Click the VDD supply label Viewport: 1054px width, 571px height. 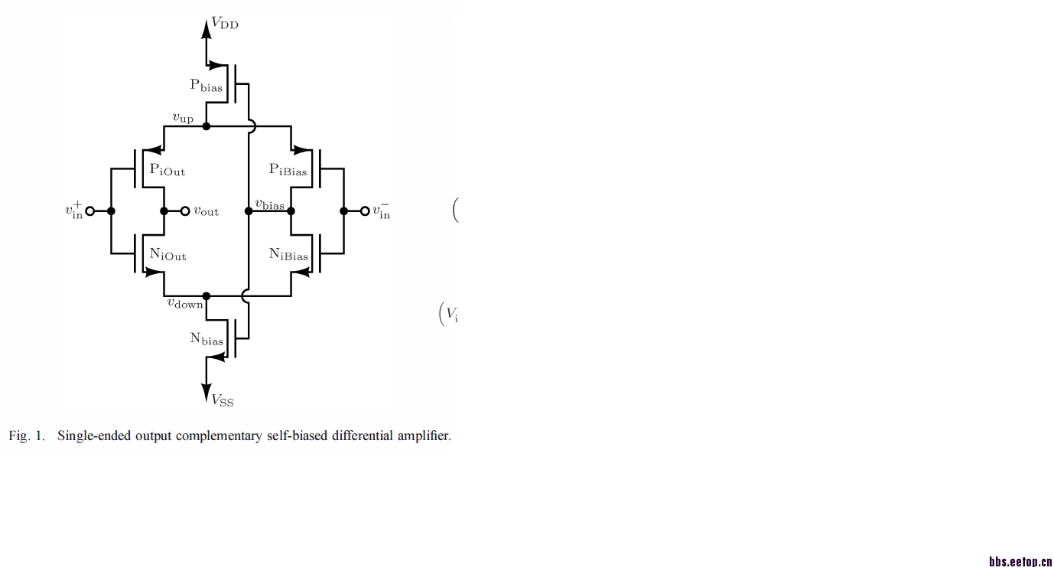tap(225, 24)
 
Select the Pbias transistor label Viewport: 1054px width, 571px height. tap(207, 86)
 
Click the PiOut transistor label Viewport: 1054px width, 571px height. tap(168, 169)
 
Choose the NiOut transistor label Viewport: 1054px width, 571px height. tap(168, 255)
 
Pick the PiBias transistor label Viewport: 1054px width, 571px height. tap(288, 169)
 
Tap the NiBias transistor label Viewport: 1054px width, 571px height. tap(288, 255)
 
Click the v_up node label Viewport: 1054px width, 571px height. tap(183, 118)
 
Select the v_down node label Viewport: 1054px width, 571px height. tap(185, 303)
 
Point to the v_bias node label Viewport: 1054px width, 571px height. tap(269, 205)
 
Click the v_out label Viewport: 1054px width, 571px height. tap(206, 211)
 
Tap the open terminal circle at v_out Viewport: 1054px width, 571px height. tap(184, 211)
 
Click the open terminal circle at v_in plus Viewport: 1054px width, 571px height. tap(89, 211)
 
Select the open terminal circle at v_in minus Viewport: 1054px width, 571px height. tap(365, 211)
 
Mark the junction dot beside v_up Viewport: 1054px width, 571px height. tap(207, 126)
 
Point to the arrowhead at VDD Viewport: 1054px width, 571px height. tap(207, 28)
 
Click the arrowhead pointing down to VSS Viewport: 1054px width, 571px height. tap(207, 392)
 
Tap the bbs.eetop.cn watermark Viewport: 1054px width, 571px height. tap(1020, 563)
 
